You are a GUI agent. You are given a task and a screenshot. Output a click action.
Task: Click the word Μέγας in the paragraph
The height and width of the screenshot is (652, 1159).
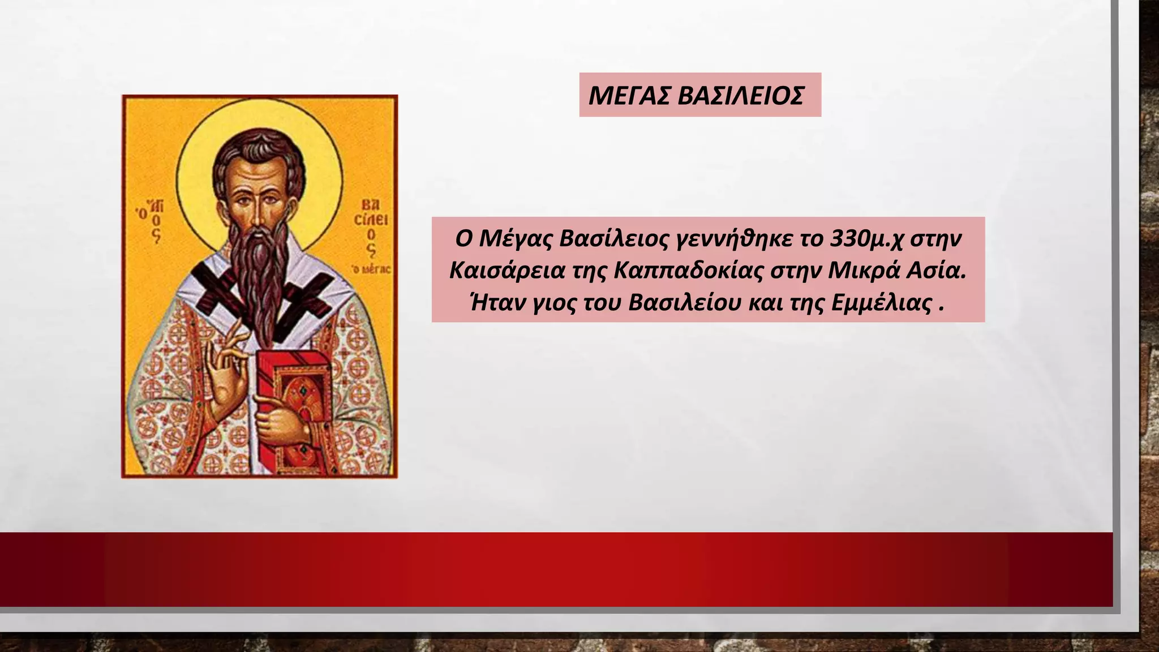tap(516, 239)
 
